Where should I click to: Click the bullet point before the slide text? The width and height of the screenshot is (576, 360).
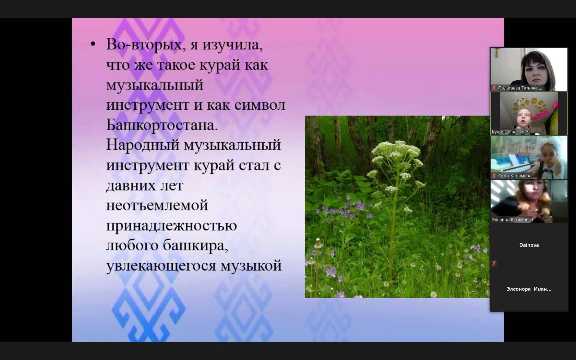click(x=93, y=44)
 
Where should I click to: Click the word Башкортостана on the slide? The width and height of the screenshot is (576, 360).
click(x=162, y=125)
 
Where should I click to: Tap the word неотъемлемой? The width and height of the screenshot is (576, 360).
click(x=157, y=205)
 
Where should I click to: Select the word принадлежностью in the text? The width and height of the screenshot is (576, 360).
click(x=171, y=226)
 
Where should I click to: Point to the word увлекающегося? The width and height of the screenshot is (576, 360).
click(x=161, y=266)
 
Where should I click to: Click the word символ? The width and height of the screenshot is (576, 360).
click(x=260, y=105)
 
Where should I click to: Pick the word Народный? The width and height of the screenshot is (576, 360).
click(x=143, y=145)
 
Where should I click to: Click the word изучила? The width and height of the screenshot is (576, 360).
click(x=232, y=45)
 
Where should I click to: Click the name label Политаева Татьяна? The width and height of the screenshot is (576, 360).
click(x=520, y=88)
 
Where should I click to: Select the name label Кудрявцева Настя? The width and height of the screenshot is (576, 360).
click(x=511, y=132)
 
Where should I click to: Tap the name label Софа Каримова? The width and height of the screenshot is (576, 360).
click(x=515, y=176)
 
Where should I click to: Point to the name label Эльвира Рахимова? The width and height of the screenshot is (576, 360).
click(x=511, y=220)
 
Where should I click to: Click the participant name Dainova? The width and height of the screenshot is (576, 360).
click(x=529, y=245)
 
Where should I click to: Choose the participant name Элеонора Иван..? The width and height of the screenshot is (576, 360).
click(x=529, y=289)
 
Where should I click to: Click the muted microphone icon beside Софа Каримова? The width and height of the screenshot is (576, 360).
click(x=494, y=176)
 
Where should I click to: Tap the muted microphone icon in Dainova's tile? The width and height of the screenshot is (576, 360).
click(x=494, y=263)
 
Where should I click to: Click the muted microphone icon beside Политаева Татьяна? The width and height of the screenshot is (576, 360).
click(x=494, y=88)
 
